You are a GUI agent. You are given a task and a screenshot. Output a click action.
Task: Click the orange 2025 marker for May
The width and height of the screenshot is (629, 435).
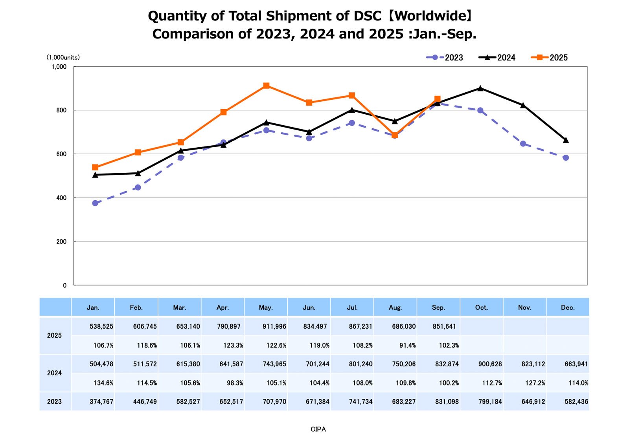[x=266, y=86]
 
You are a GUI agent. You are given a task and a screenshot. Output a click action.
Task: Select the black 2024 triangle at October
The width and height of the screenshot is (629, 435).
[x=480, y=88]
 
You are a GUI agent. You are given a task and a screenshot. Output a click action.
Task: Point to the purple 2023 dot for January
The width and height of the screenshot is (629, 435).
[x=95, y=203]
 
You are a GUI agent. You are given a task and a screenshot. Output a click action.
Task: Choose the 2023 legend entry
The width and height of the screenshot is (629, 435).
[x=445, y=58]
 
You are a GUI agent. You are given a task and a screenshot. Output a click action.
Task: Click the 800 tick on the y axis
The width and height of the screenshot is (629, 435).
[x=61, y=110]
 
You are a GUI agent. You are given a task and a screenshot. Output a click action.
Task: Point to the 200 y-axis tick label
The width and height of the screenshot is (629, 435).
[x=61, y=241]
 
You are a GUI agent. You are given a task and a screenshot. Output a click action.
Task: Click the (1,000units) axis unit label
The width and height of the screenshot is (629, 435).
[x=63, y=57]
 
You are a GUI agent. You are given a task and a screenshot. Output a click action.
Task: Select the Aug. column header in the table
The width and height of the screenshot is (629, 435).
[x=395, y=307]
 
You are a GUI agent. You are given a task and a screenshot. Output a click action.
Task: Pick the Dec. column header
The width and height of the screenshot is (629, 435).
[x=568, y=307]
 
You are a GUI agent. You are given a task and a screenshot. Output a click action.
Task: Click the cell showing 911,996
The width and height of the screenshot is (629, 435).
[x=274, y=326]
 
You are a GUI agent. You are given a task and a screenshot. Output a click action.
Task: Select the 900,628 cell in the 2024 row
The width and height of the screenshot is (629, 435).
[x=490, y=364]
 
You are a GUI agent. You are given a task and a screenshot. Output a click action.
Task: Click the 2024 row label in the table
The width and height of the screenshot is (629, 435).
[x=54, y=373]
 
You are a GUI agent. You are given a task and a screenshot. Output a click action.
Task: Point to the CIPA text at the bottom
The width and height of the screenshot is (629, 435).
[x=318, y=429]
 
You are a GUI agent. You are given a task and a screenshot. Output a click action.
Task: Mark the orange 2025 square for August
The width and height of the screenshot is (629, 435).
[x=395, y=135]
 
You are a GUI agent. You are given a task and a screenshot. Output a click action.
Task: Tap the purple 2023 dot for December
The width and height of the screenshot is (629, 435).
[x=566, y=158]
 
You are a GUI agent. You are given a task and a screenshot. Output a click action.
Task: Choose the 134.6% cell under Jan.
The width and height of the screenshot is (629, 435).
[x=103, y=383]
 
